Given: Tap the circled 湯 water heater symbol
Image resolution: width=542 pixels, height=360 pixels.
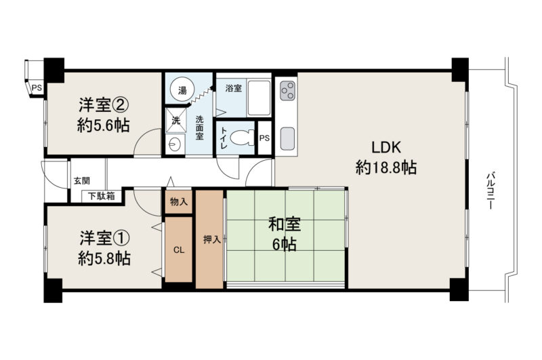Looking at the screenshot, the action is (x=182, y=91).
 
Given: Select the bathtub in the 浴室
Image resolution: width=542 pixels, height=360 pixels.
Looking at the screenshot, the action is (x=259, y=98).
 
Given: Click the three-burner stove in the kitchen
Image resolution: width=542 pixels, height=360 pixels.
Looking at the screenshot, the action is (x=287, y=91).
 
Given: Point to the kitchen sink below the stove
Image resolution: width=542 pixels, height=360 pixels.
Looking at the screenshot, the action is (x=287, y=139).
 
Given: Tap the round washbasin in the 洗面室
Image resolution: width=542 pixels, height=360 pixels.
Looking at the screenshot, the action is (x=175, y=143).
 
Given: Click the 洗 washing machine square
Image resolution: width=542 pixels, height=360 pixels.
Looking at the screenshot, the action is (x=175, y=121).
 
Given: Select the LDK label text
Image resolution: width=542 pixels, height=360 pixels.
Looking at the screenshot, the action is (x=386, y=148).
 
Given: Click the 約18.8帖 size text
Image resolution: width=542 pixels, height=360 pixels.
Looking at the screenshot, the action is (x=386, y=167).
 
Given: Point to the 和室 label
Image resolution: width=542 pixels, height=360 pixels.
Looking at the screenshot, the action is (x=285, y=224).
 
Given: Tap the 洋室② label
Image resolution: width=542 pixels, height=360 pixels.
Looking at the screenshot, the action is (x=104, y=105).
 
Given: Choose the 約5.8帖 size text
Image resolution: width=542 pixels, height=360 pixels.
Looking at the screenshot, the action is (x=104, y=258).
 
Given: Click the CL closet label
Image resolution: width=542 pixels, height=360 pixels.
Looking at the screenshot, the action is (x=179, y=250).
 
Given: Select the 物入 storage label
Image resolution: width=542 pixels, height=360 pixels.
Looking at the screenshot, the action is (x=179, y=201).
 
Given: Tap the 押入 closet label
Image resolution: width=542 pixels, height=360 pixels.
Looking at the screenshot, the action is (x=211, y=239).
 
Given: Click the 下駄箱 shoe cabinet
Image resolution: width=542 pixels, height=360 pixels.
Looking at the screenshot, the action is (x=102, y=197).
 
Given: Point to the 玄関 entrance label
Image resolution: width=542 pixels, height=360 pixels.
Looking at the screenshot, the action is (x=82, y=180).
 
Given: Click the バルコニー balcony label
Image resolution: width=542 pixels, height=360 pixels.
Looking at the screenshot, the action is (x=490, y=191).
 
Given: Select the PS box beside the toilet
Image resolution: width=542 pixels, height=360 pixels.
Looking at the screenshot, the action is (x=264, y=138).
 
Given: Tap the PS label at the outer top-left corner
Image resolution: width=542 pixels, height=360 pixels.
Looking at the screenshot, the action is (x=37, y=88).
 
